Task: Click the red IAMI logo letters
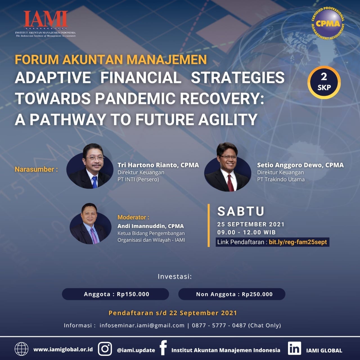tap(46, 19)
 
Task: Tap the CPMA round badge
tap(328, 23)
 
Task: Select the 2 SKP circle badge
tap(324, 82)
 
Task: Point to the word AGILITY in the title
tap(228, 120)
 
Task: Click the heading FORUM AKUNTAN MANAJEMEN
tap(111, 60)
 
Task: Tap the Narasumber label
tap(36, 169)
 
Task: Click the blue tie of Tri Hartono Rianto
tap(95, 182)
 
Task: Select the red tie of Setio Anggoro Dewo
tap(230, 183)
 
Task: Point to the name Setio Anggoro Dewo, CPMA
tap(300, 165)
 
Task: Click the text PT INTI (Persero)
tap(138, 179)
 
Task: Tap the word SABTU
tap(241, 211)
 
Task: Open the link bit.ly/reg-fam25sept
tap(298, 242)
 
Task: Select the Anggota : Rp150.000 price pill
tap(116, 294)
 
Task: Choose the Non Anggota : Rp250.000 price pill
tap(232, 294)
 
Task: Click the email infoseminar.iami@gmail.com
tap(142, 325)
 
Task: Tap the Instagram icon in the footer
tap(105, 349)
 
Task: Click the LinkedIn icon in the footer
tap(294, 348)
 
